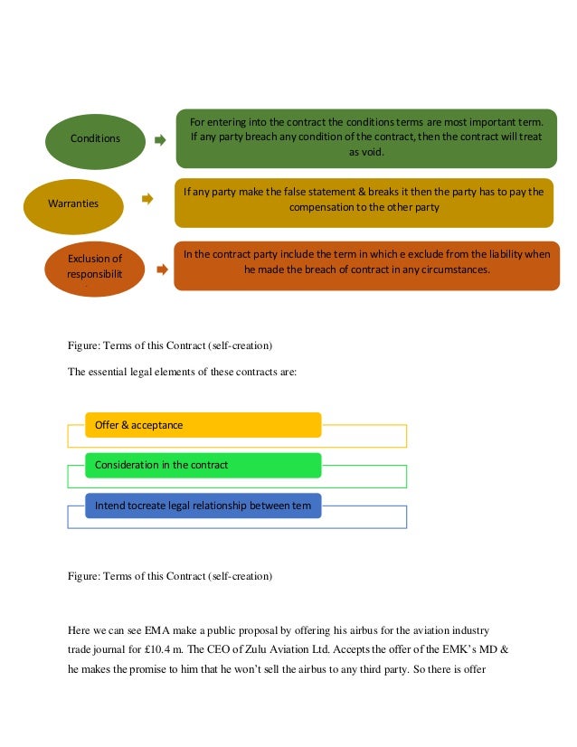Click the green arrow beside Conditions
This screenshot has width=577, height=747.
click(x=160, y=140)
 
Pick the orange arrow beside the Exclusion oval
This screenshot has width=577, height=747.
click(x=159, y=268)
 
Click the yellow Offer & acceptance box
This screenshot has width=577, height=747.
click(x=203, y=425)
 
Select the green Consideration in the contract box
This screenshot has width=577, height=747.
click(x=203, y=465)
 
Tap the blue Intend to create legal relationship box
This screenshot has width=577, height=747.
click(x=203, y=506)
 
